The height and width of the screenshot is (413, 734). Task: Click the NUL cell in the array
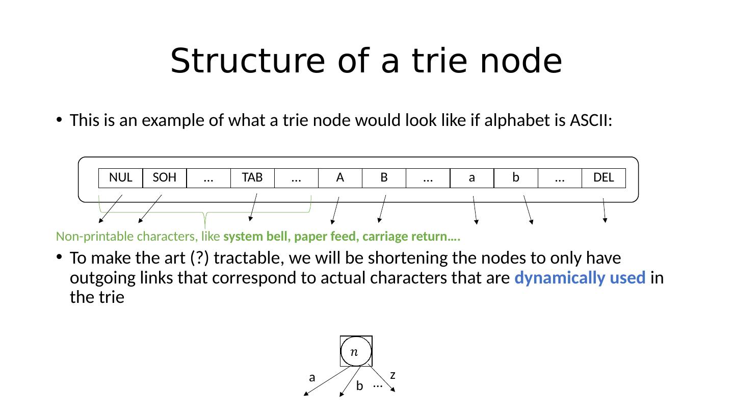(x=120, y=178)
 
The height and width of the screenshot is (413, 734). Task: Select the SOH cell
(x=164, y=178)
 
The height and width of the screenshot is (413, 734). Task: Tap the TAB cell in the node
(x=252, y=178)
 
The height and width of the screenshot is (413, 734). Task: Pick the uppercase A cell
(x=340, y=178)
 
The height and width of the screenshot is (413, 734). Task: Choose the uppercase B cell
(x=384, y=178)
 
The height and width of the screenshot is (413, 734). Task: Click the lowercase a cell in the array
(x=472, y=178)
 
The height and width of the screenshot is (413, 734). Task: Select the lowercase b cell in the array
(x=516, y=178)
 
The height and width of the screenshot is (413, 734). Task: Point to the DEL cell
(x=604, y=178)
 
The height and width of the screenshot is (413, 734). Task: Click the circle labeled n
(x=356, y=351)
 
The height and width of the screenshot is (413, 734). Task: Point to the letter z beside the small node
(x=392, y=375)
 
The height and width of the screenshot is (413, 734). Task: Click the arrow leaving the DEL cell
(x=604, y=210)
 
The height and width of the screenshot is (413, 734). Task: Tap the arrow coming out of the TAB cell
(x=253, y=206)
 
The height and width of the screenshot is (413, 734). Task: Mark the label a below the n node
(x=312, y=378)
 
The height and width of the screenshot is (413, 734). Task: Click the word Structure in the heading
(x=247, y=61)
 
